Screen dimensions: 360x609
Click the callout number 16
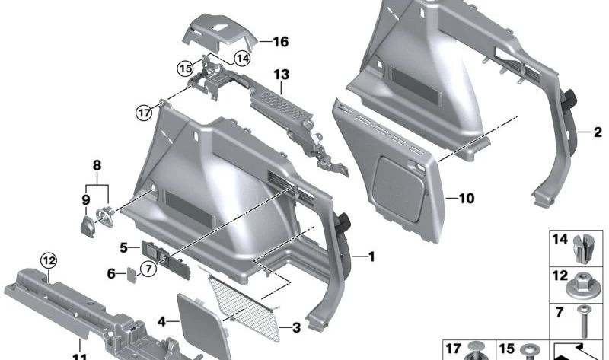tap(281, 42)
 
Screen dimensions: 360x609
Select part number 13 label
tap(282, 75)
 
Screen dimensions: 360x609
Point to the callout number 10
tap(466, 199)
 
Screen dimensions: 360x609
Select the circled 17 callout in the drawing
tap(145, 113)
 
